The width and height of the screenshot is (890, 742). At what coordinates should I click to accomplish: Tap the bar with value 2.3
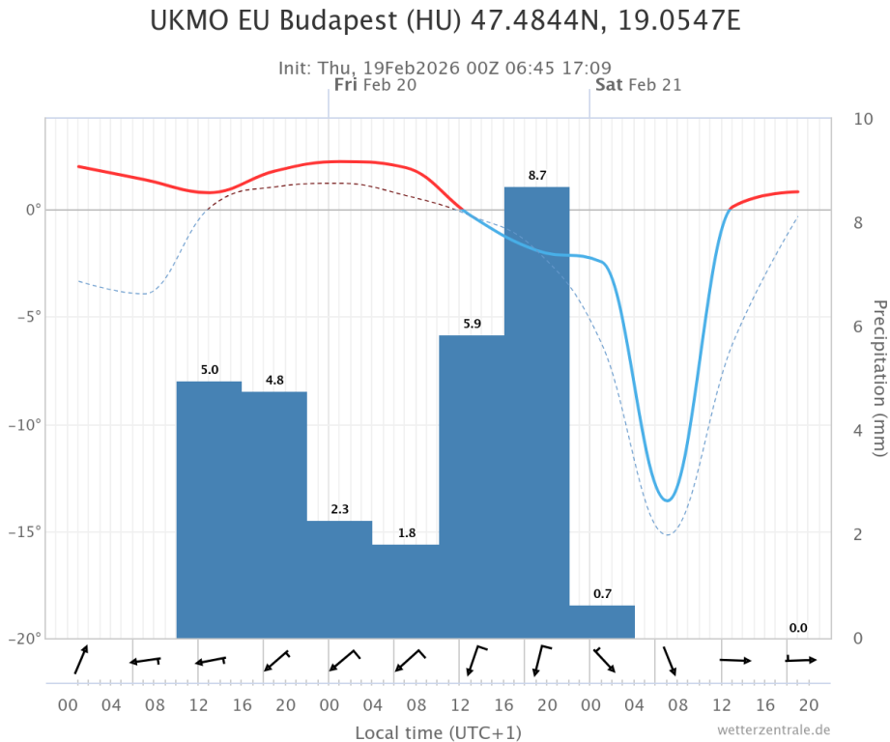[339, 580]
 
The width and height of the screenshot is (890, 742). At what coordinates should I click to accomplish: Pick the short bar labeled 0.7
[602, 621]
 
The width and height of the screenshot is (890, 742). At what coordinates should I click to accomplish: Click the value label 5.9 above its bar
[472, 324]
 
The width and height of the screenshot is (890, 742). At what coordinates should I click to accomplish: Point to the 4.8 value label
[274, 380]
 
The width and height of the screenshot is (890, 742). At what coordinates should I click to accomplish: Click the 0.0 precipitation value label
[798, 628]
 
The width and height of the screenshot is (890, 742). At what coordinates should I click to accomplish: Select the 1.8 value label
[407, 533]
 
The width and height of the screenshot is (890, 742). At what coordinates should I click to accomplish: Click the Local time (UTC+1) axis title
[439, 731]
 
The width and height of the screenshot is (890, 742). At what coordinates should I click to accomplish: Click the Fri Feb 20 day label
[375, 85]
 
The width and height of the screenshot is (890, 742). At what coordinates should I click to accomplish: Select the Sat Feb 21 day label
[638, 85]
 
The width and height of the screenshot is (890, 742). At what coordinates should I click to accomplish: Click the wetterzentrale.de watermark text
[773, 729]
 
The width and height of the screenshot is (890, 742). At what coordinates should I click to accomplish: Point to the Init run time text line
[445, 68]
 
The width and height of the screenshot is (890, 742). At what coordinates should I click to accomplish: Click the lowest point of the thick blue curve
[667, 499]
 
